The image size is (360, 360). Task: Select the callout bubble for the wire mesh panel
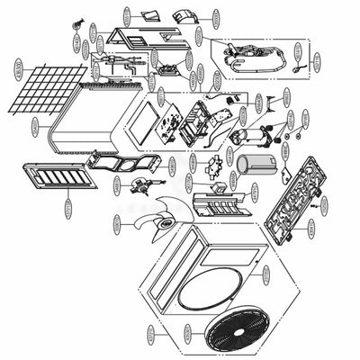point(18,67)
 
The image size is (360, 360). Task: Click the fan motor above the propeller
point(139,184)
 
